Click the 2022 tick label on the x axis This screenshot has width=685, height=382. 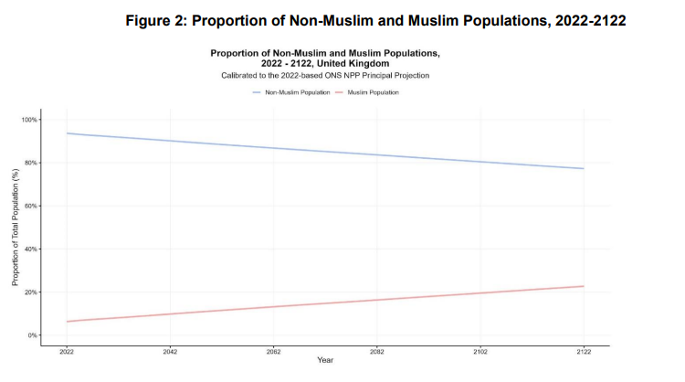pyautogui.click(x=67, y=351)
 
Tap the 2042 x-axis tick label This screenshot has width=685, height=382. pyautogui.click(x=170, y=351)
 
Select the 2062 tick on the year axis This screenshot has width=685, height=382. pyautogui.click(x=273, y=351)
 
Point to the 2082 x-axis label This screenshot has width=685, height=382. pyautogui.click(x=377, y=351)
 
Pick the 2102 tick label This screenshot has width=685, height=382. pyautogui.click(x=480, y=351)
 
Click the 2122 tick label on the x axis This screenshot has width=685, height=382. pyautogui.click(x=584, y=351)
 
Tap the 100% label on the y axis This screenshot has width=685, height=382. pyautogui.click(x=30, y=120)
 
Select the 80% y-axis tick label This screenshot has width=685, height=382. pyautogui.click(x=32, y=163)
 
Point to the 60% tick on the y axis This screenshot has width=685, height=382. pyautogui.click(x=32, y=207)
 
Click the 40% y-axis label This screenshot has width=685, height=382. pyautogui.click(x=32, y=249)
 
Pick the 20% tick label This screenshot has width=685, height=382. pyautogui.click(x=32, y=292)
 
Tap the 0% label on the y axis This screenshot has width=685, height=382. pyautogui.click(x=34, y=335)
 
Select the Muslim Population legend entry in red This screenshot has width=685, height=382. pyautogui.click(x=373, y=92)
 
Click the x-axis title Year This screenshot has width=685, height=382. pyautogui.click(x=325, y=361)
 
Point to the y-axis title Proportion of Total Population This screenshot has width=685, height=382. pyautogui.click(x=16, y=228)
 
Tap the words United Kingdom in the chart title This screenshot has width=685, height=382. pyautogui.click(x=359, y=64)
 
